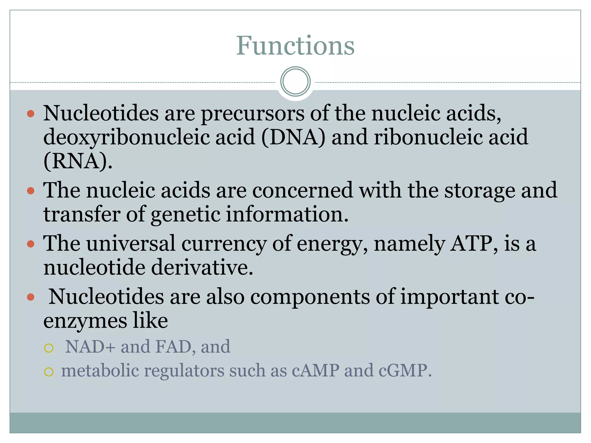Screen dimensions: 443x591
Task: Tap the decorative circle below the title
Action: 295,82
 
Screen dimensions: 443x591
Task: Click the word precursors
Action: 252,113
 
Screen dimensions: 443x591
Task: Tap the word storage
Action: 479,190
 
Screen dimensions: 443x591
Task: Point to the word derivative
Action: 202,268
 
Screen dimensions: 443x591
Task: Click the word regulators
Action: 184,371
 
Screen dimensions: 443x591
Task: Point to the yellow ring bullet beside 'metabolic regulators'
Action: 49,372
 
